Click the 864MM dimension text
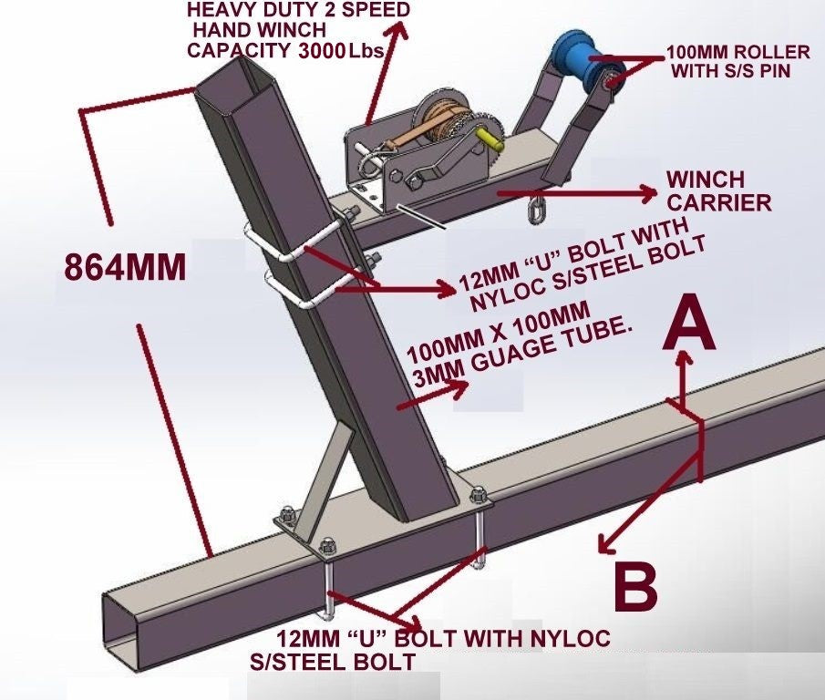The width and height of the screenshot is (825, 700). click(x=125, y=267)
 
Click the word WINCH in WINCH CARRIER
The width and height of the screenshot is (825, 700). click(x=705, y=180)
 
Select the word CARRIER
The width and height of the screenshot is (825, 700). click(x=719, y=202)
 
